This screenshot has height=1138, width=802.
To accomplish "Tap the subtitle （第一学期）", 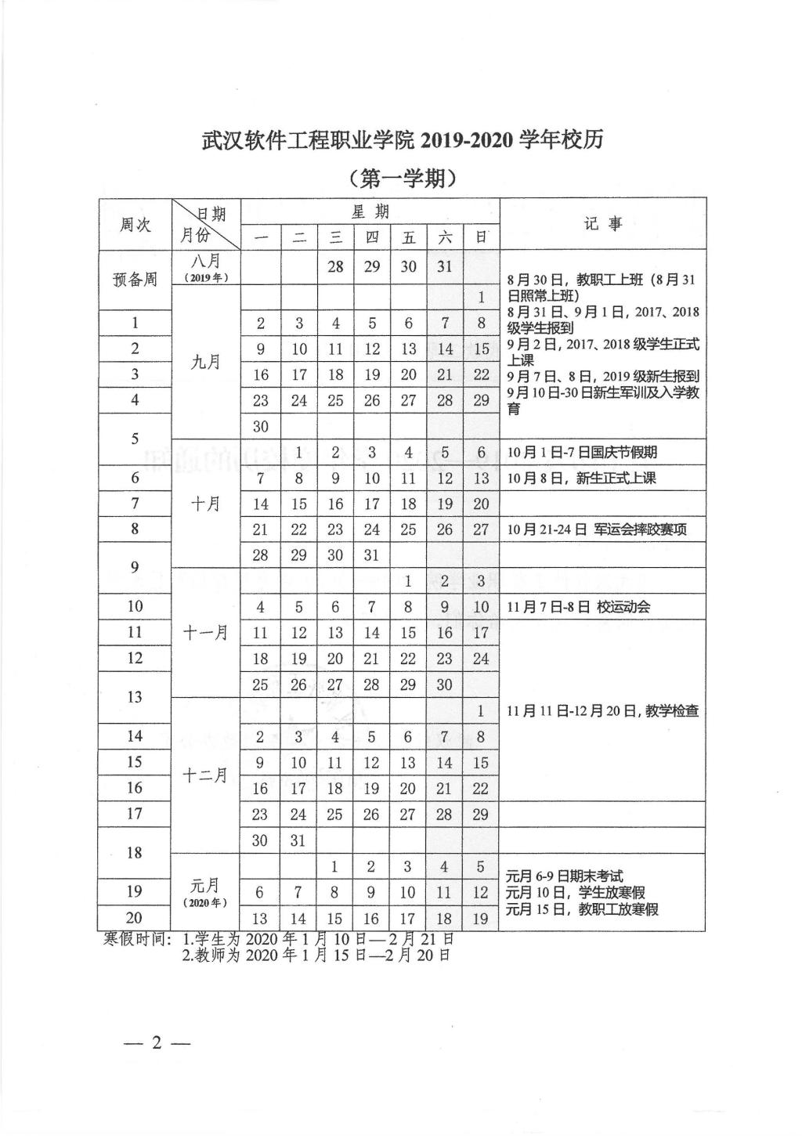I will coord(403,179).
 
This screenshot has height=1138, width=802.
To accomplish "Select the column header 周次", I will coord(135,225).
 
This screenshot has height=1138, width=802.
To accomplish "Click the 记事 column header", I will coord(602,224).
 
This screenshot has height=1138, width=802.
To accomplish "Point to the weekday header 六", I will coord(444,237).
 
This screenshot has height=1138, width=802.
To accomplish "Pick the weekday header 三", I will coord(335,237).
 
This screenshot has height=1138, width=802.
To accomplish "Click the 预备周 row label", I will coord(135,280).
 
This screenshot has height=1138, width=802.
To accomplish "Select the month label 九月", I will coord(205,361).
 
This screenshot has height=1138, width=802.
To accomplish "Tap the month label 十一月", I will coord(205,632).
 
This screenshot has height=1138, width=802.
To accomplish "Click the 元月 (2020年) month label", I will coord(205,892).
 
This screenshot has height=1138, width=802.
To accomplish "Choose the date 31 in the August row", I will coord(444,266).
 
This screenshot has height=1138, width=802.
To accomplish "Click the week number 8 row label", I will coord(135,529).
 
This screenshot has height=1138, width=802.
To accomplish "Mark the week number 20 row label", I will coord(135,918).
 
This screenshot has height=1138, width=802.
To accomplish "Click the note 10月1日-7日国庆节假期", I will coord(582,452).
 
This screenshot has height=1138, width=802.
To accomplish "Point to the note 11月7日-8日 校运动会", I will coord(579,606).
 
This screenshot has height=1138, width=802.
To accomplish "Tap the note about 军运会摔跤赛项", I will coord(597,529).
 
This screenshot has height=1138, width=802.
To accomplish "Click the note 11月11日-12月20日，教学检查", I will coord(602,711).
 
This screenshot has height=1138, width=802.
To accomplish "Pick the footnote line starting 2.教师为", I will coord(316,955).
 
